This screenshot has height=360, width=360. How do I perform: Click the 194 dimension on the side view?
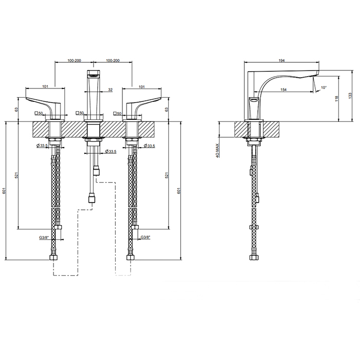281,61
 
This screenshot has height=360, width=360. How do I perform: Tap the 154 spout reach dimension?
283,89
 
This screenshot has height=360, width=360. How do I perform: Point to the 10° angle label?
323,87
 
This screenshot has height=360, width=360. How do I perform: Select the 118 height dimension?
337,99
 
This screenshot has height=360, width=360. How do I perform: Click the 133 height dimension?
350,96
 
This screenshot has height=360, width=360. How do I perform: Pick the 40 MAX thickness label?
218,151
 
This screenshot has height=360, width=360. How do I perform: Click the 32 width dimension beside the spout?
111,90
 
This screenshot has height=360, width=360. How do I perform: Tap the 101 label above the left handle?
45,86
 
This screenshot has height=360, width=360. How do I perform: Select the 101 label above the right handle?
141,87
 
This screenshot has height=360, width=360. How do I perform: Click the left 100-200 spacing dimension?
74,61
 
